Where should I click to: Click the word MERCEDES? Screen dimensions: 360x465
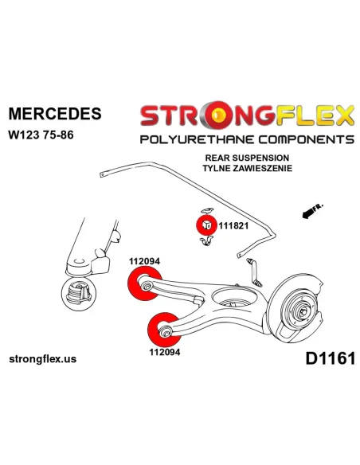click(55, 114)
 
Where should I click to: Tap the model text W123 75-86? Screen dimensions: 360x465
click(41, 135)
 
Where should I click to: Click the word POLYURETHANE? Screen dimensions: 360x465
click(197, 139)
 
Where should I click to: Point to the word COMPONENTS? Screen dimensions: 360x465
click(305, 139)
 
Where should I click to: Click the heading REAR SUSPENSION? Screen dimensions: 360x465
click(247, 158)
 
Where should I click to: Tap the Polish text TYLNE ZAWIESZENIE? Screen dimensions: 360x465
click(247, 168)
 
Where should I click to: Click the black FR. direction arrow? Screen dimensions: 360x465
click(312, 211)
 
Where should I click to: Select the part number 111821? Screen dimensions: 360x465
click(233, 226)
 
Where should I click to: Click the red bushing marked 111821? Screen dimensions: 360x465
click(206, 225)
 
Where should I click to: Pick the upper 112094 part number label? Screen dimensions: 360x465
click(144, 261)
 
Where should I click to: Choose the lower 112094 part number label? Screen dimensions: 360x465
click(165, 352)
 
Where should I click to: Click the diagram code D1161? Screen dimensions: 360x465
click(330, 358)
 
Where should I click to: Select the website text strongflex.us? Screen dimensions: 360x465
click(43, 359)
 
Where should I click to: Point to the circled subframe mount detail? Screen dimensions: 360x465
click(79, 294)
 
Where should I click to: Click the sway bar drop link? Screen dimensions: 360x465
click(254, 272)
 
